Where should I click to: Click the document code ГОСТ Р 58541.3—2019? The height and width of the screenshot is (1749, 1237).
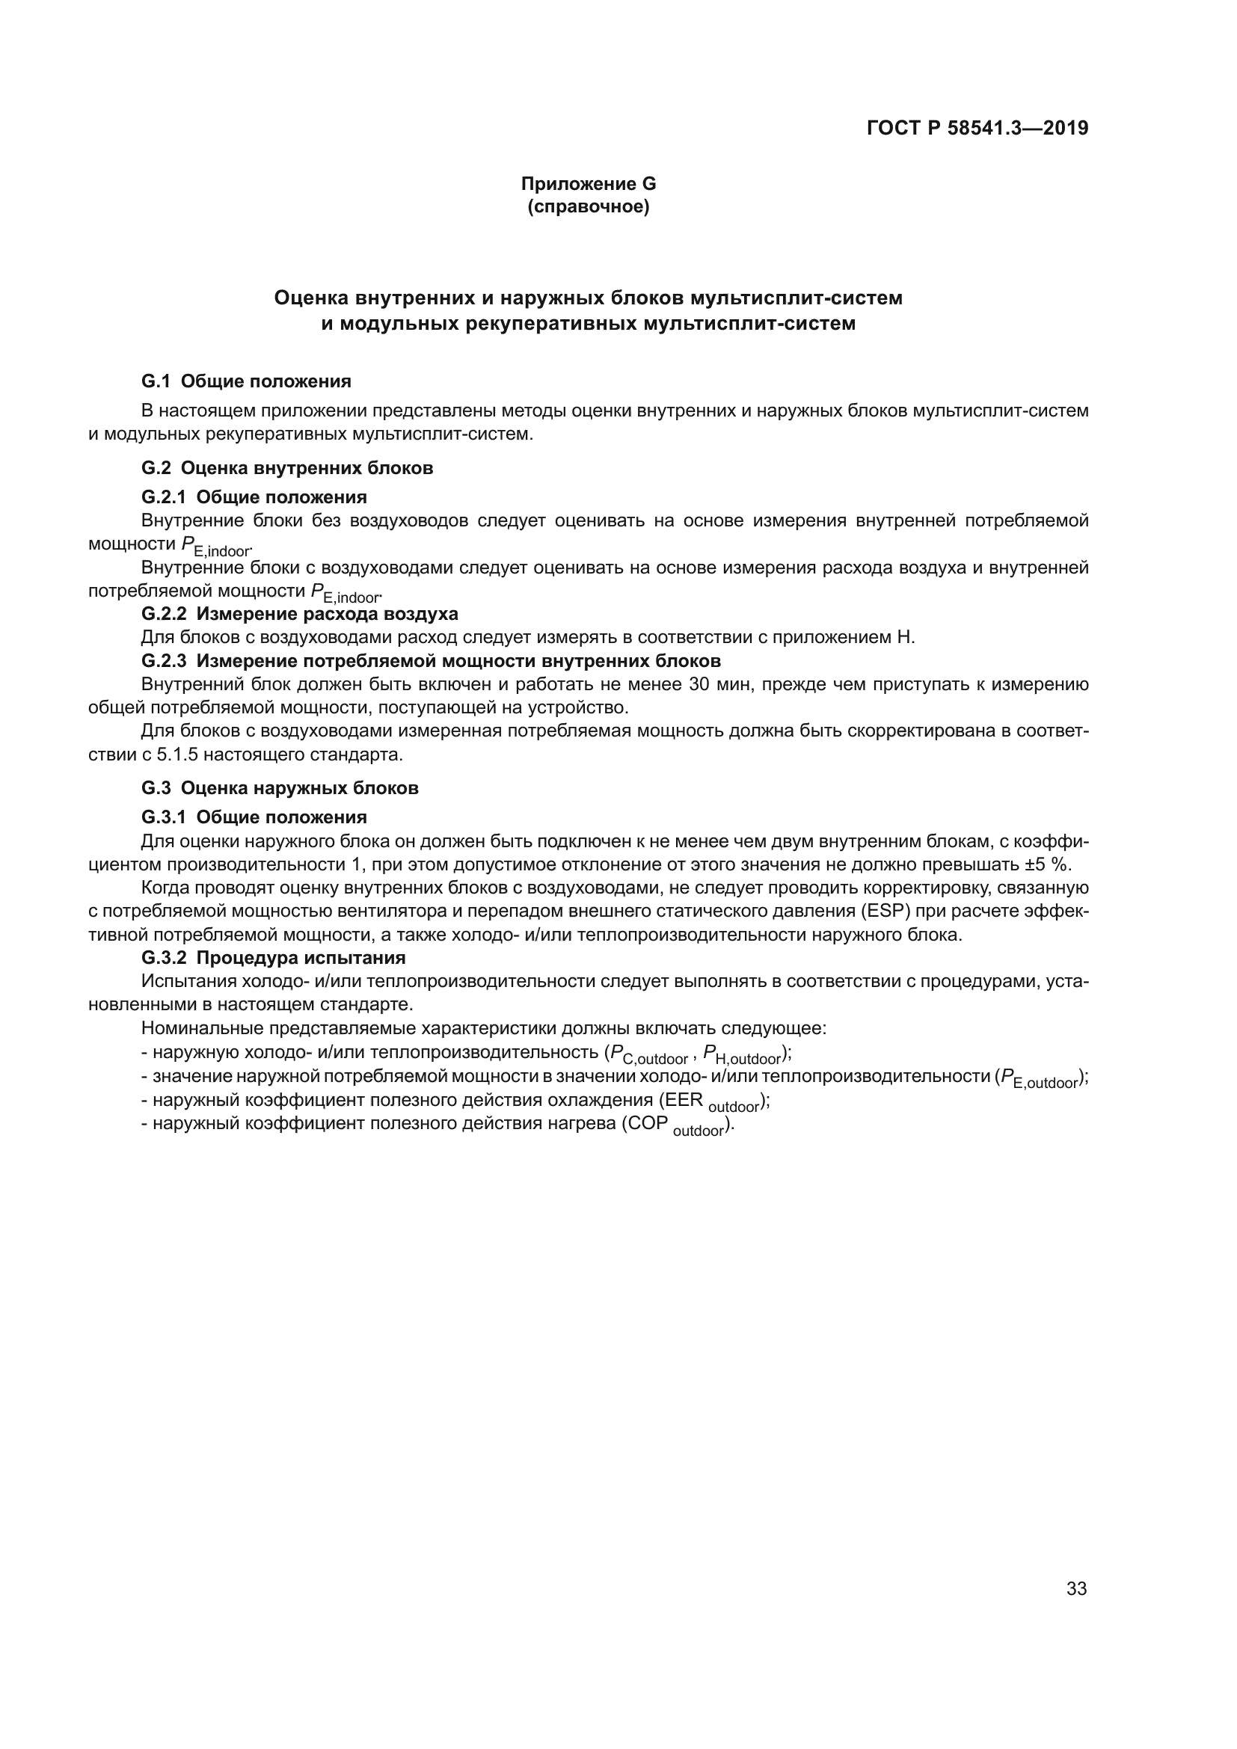coord(977,128)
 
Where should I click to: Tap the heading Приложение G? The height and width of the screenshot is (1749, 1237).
coord(588,184)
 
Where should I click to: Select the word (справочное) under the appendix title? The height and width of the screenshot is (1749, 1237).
coord(588,207)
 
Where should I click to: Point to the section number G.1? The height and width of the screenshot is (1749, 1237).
coord(156,381)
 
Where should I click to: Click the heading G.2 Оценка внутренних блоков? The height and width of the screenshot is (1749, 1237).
coord(287,467)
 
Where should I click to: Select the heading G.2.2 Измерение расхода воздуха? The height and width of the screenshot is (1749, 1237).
coord(299,614)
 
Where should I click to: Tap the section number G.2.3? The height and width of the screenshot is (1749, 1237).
coord(164,660)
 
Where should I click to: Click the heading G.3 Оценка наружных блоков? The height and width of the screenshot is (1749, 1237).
coord(280,787)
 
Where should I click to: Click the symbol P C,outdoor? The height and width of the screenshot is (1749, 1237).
coord(648,1055)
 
